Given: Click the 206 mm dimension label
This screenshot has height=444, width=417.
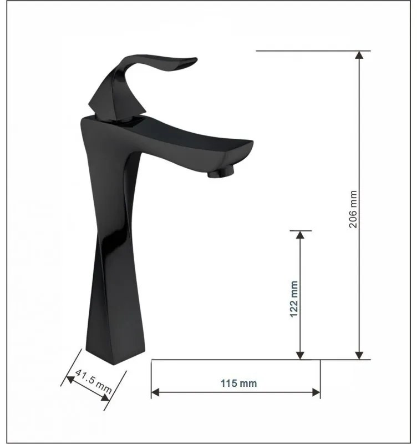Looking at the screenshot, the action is click(x=353, y=209).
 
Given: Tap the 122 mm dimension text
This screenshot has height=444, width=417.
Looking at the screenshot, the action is click(x=294, y=299).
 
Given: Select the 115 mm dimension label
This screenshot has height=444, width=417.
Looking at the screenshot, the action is click(x=239, y=384).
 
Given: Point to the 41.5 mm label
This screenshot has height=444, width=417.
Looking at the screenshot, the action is click(x=93, y=381).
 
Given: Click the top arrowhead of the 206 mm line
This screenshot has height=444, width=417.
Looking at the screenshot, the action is click(x=359, y=55).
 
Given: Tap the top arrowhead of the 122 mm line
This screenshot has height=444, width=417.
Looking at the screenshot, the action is click(x=300, y=235).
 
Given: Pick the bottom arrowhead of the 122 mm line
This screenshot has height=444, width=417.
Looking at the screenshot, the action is click(x=300, y=356).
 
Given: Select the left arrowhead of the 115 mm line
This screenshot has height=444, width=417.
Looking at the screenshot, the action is click(x=155, y=392).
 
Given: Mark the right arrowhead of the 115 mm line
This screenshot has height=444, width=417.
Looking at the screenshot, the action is click(x=316, y=392).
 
